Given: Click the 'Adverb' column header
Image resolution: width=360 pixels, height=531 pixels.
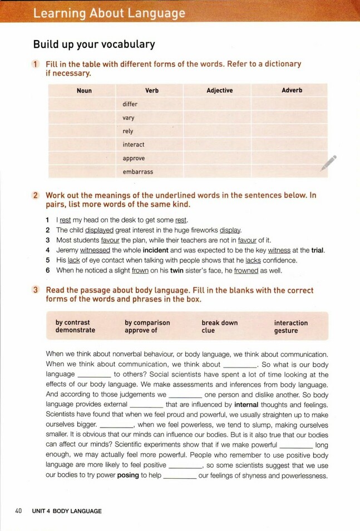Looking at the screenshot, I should tap(292, 90).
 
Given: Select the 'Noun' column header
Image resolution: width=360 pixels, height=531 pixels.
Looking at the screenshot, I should tap(84, 91).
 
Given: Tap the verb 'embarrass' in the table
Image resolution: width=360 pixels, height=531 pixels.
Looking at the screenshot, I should tap(138, 172).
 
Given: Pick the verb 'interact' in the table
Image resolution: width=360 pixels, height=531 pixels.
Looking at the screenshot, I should tap(134, 145).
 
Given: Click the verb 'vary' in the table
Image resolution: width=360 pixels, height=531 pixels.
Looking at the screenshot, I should tap(129, 118).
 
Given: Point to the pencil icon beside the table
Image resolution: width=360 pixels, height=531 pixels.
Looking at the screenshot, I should tap(328, 163).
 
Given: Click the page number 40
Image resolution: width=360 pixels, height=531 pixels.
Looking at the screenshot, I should tap(18, 511).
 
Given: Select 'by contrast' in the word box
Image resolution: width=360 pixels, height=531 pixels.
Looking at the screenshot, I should tap(72, 322).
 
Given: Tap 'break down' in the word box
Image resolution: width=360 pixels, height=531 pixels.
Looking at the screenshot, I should tap(219, 322).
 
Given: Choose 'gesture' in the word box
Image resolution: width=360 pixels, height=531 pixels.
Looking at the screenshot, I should tap(286, 331).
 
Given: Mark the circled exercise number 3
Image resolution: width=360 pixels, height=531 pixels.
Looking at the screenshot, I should tap(36, 290).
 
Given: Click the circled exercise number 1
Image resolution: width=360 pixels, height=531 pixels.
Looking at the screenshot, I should tap(36, 64).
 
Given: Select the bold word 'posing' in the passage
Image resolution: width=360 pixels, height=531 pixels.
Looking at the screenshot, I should tap(127, 475).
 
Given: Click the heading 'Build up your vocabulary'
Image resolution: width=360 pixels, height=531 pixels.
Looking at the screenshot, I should tap(94, 44).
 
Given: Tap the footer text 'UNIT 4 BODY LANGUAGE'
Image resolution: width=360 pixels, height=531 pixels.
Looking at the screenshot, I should tap(67, 511).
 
